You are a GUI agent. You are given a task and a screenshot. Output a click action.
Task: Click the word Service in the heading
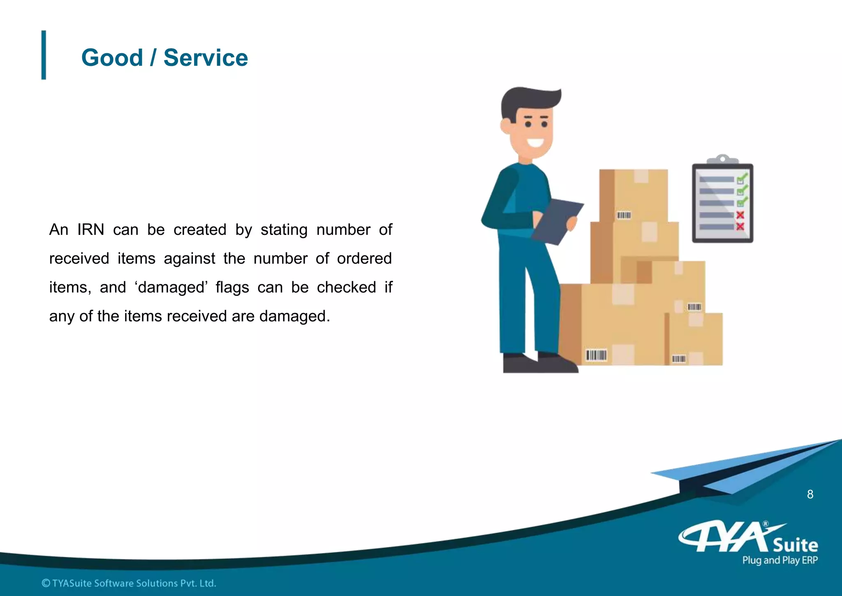point(206,58)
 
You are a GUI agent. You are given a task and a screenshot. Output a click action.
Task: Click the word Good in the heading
point(112,58)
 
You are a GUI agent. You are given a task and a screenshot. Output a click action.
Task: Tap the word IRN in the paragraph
point(90,230)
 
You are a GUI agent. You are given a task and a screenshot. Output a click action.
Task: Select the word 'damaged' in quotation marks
point(171,287)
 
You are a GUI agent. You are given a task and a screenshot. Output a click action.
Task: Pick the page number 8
point(810,494)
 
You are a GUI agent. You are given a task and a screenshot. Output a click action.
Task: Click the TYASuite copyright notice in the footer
point(129,583)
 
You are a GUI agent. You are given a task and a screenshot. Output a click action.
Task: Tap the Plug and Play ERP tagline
point(780,560)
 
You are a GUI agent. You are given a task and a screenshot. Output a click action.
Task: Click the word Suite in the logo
point(795,545)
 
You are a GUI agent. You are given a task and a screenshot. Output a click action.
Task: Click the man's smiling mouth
point(535,143)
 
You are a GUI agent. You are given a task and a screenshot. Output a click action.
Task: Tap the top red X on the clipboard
point(740,215)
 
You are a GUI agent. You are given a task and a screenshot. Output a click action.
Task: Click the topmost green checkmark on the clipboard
point(742,179)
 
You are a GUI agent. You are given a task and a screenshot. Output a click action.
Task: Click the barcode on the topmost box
point(624,215)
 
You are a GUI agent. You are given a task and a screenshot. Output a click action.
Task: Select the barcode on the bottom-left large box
point(596,355)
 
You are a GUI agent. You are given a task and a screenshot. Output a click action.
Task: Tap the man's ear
point(505,126)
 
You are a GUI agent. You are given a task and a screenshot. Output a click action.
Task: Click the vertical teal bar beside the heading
point(44,55)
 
